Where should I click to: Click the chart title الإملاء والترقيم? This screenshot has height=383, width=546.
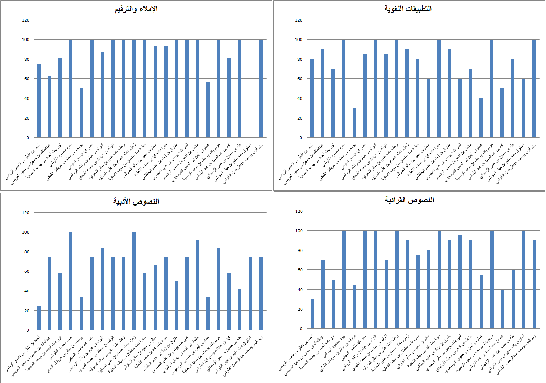click(x=136, y=9)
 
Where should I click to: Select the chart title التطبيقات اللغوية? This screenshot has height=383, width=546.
click(x=408, y=9)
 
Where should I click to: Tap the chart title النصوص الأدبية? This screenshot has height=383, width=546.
click(x=136, y=202)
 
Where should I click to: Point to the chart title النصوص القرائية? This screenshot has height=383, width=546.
click(x=409, y=200)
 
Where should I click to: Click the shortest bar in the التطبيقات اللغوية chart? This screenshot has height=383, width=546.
click(x=354, y=123)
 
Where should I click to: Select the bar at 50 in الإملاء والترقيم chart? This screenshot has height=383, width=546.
click(x=81, y=113)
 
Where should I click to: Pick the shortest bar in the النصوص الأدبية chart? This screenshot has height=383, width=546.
click(x=39, y=318)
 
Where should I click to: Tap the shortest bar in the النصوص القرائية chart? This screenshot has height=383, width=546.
click(x=312, y=314)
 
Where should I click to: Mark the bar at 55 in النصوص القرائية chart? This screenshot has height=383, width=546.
click(x=481, y=301)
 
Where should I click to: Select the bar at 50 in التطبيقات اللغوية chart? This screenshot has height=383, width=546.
click(x=502, y=113)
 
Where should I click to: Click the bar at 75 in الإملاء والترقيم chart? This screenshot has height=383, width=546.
click(x=39, y=101)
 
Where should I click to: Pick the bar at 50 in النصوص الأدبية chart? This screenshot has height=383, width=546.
click(x=176, y=305)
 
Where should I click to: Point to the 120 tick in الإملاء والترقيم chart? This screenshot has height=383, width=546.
click(x=25, y=20)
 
